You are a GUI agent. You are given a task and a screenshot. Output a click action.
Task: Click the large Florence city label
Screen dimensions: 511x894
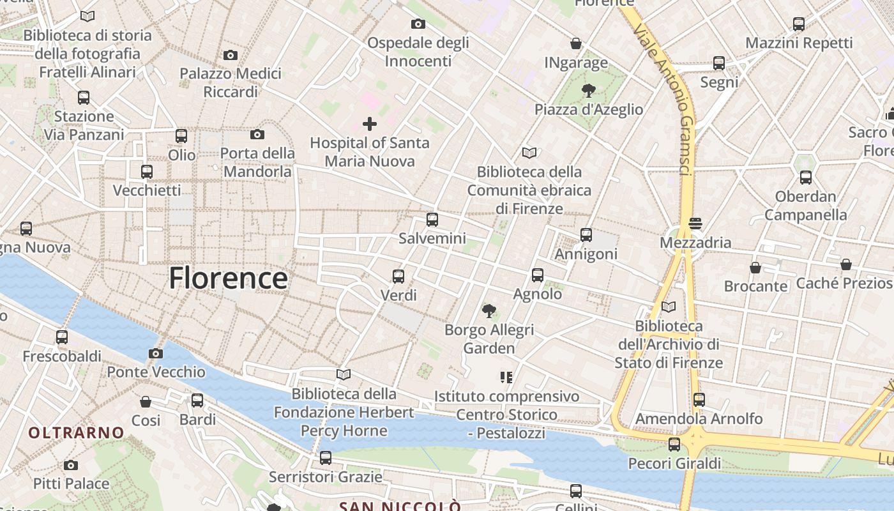[x=228, y=278]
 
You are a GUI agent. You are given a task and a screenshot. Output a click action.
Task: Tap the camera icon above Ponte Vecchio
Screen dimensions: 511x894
[x=155, y=353]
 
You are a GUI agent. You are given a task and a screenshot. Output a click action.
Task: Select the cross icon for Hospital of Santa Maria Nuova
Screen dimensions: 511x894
[x=369, y=124]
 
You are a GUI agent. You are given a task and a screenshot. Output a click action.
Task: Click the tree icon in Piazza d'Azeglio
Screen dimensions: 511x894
[x=588, y=91]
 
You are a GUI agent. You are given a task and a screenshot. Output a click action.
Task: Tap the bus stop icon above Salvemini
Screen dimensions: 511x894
[x=432, y=220]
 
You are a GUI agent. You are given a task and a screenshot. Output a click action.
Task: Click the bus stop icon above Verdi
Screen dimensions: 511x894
[x=398, y=276]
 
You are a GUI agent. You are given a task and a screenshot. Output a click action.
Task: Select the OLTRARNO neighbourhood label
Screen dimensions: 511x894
[x=76, y=432]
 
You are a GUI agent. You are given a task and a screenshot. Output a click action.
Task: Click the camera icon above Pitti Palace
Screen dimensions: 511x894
[x=71, y=465]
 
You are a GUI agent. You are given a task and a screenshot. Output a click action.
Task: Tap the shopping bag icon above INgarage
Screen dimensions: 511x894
[x=576, y=43]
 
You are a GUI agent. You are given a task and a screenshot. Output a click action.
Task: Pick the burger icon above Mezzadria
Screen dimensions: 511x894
[x=695, y=224]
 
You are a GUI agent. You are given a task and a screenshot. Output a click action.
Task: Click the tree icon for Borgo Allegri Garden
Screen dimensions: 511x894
[x=489, y=311]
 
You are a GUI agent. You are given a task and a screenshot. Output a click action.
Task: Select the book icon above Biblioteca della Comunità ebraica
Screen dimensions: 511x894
[x=529, y=153]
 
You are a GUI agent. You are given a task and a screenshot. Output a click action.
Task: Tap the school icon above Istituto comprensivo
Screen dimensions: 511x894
[x=506, y=378]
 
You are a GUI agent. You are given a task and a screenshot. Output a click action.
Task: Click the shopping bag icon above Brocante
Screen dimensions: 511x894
[x=755, y=267]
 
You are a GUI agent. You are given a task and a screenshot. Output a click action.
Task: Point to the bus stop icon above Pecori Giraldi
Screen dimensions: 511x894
[x=674, y=445]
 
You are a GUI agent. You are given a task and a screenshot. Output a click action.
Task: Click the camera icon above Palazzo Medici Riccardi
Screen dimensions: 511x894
[x=231, y=55]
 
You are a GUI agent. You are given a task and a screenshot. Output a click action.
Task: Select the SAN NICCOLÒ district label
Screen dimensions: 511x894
[x=400, y=506]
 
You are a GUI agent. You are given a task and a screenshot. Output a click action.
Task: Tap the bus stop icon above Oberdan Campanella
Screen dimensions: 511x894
[x=806, y=178]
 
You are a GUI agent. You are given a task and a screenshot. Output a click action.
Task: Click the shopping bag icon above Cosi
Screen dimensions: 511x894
[x=146, y=402]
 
